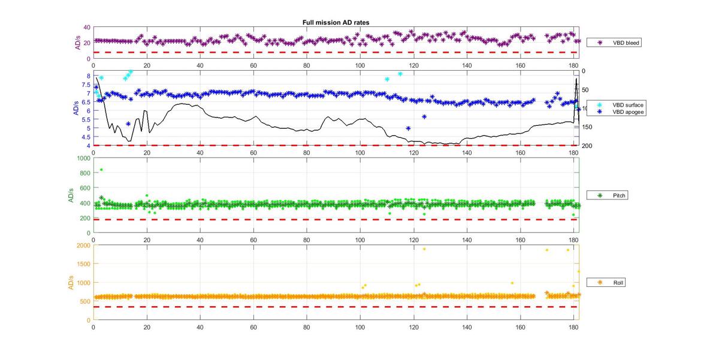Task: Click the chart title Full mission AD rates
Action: [336, 22]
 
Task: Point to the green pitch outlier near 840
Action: [101, 170]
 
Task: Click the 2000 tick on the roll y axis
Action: [83, 245]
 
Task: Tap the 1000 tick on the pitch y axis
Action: [83, 158]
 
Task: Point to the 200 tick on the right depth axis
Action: [587, 146]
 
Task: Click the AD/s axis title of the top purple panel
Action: [78, 43]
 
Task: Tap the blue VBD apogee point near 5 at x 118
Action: [408, 128]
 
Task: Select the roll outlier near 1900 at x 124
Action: [424, 249]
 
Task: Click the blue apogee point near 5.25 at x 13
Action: [128, 123]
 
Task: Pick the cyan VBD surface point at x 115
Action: [400, 74]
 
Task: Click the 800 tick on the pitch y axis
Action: [85, 173]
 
